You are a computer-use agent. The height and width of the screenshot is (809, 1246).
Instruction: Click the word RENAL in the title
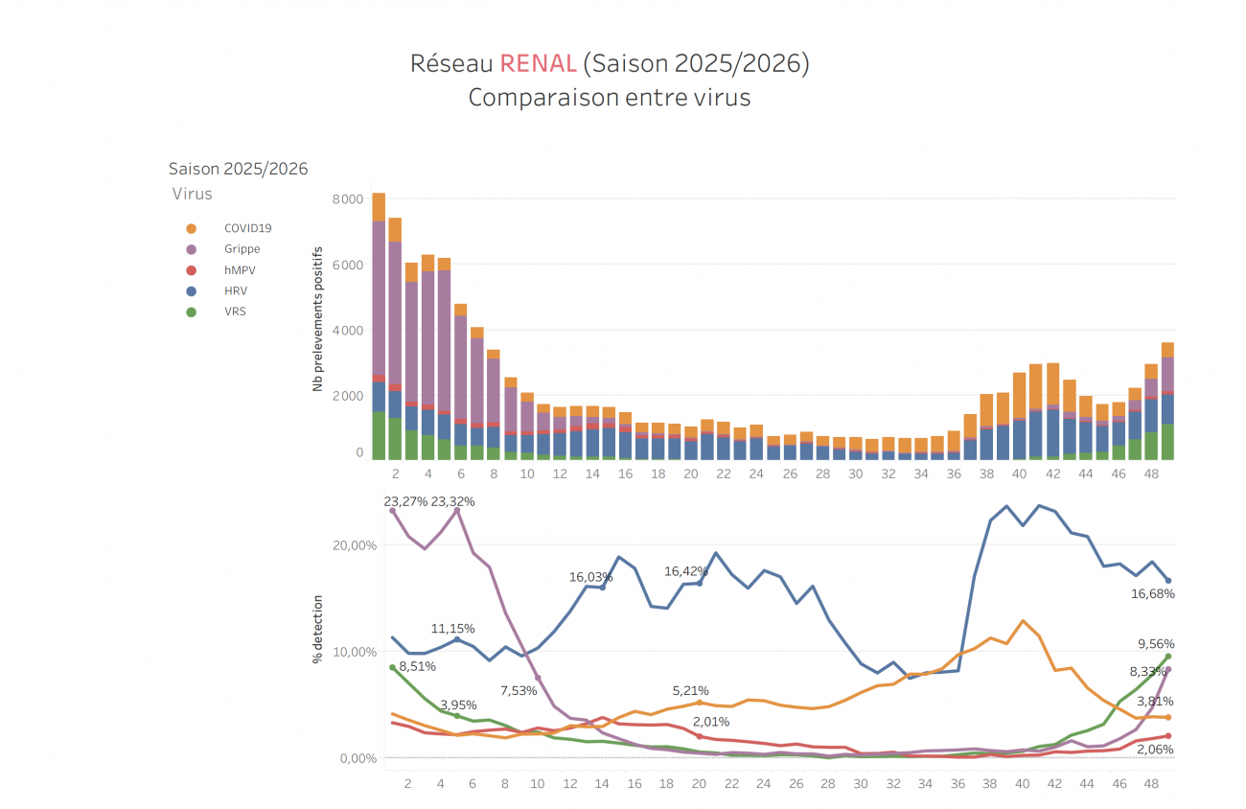538,64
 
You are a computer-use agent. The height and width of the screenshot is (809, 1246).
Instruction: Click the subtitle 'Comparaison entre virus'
609,98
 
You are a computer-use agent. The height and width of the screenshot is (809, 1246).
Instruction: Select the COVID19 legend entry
248,228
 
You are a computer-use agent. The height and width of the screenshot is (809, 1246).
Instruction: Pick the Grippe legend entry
242,249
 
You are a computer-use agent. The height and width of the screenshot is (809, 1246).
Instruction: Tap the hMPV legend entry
240,270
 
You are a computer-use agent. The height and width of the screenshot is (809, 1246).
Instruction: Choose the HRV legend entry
237,290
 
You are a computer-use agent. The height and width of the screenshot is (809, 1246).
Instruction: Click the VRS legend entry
235,312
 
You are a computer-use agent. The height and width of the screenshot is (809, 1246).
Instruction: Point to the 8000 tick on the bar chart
347,199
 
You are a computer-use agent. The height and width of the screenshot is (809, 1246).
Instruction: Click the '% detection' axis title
317,630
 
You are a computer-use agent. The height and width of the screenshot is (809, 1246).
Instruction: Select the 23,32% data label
453,501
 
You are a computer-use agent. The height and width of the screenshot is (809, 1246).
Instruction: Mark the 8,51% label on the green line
417,666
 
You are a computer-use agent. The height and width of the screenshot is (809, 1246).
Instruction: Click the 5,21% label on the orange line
690,690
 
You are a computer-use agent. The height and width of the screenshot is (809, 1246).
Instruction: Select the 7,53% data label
519,691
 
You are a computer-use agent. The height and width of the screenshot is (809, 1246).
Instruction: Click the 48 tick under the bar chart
1151,474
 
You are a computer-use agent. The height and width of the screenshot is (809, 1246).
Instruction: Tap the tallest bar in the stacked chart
379,326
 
